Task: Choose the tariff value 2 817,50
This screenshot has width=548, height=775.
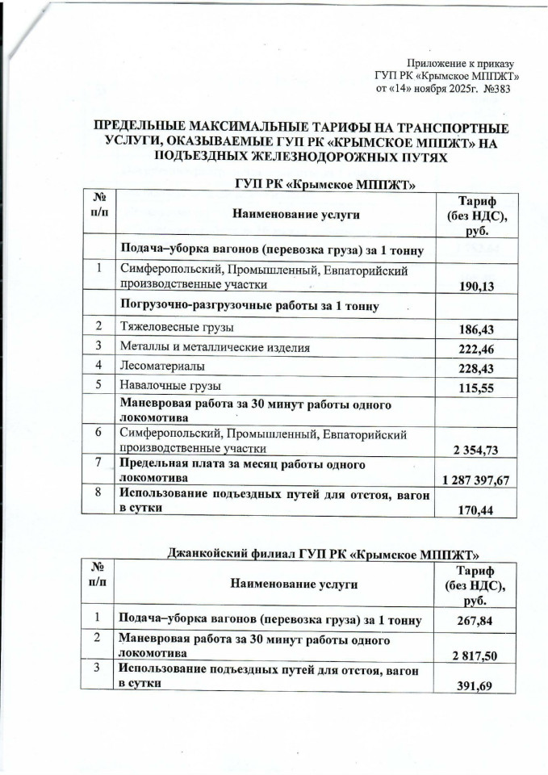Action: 472,652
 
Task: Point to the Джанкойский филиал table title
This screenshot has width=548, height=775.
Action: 323,553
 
